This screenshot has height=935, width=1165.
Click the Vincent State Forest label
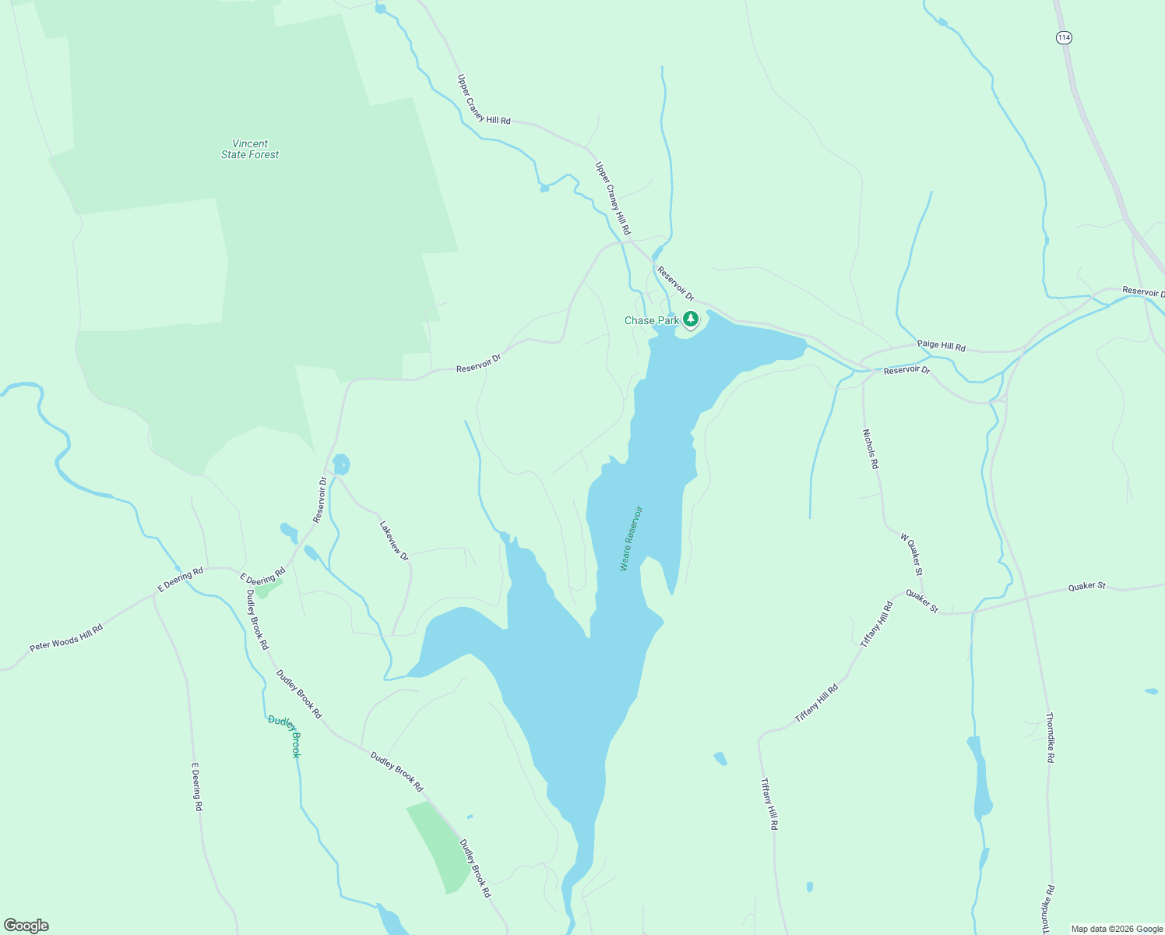tap(250, 149)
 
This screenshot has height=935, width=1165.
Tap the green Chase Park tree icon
tap(691, 319)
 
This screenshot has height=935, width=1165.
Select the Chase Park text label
tap(651, 320)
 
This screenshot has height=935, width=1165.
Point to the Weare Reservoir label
tap(631, 538)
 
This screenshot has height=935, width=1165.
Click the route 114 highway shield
tap(1064, 37)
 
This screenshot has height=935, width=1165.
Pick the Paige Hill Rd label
tap(941, 344)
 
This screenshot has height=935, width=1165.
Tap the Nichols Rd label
tap(871, 449)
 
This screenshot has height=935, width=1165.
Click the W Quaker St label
tap(912, 554)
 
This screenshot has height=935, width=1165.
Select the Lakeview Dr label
tap(394, 541)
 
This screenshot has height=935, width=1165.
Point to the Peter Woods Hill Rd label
tap(66, 638)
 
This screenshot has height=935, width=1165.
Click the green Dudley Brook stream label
tap(284, 736)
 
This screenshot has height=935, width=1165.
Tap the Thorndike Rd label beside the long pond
tap(1050, 737)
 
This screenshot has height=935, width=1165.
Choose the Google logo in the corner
tap(26, 926)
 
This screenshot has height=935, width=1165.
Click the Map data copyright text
tap(1117, 929)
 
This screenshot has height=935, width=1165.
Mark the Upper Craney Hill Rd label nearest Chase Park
tap(613, 199)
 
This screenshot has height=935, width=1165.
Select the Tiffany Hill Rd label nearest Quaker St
tap(877, 624)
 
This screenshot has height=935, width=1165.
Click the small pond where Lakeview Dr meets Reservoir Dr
tap(341, 465)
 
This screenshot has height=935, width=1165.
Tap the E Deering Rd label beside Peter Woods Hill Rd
tap(181, 580)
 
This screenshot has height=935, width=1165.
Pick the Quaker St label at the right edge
tap(1086, 586)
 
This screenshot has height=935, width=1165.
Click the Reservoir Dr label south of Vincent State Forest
tap(478, 363)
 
